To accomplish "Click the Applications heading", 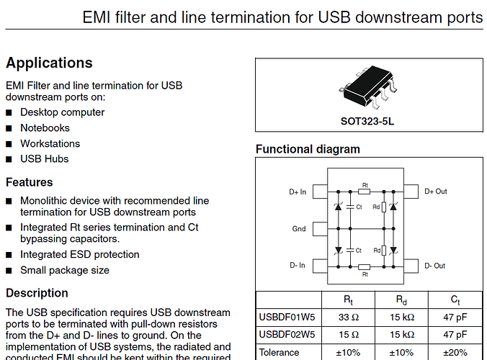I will point(49,63).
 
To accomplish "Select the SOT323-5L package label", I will point(367,121).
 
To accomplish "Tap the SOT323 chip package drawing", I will point(367,89).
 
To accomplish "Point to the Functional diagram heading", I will point(308,150).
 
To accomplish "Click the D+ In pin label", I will point(298,192).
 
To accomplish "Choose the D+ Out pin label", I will point(436,192).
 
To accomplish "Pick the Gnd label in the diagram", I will point(298,229).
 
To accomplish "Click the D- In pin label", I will point(298,266).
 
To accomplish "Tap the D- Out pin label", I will point(435,266).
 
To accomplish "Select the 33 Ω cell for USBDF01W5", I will point(349,316).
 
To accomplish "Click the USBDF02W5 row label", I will point(286,334).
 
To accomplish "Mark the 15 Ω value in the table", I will point(349,334).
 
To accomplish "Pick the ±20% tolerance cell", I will point(455,352).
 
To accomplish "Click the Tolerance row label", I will point(279,352).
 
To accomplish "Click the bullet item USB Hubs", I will point(45,158).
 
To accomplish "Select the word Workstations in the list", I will point(50,143).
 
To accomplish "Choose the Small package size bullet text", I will point(65,270).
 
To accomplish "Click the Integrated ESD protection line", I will point(80,254).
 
